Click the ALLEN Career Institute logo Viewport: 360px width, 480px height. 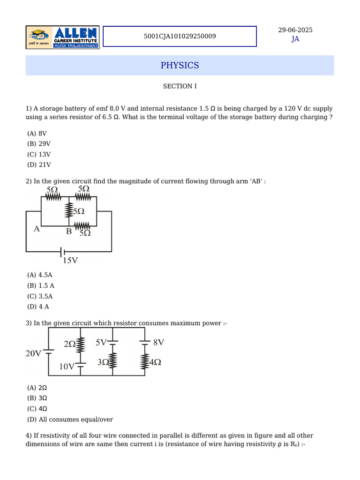tap(62, 37)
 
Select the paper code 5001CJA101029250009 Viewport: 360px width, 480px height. tap(180, 36)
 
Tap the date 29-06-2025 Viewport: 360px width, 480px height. tap(295, 30)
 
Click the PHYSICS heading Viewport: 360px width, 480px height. tap(180, 65)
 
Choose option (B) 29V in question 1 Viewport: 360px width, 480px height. tap(39, 144)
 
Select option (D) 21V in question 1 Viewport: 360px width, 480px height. tap(39, 165)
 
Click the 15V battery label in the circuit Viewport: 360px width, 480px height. tap(70, 260)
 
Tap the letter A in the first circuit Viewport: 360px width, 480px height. tap(37, 229)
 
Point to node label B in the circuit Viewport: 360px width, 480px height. tap(68, 231)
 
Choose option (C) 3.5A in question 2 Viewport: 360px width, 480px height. tap(40, 296)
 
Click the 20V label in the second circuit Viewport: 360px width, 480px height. tap(33, 353)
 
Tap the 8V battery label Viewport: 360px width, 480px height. tap(158, 342)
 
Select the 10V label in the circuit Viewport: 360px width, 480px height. tap(67, 367)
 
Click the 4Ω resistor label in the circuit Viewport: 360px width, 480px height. tap(155, 362)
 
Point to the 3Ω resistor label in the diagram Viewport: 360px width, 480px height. tap(103, 362)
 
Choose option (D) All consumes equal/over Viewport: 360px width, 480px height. tap(70, 420)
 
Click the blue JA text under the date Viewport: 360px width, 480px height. tap(295, 39)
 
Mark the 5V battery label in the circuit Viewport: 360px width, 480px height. tap(101, 343)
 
